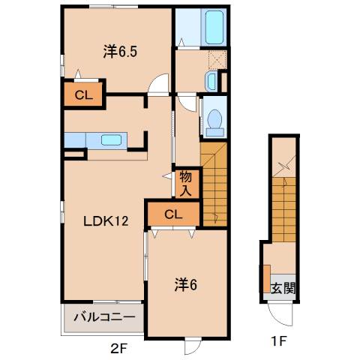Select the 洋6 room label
click(x=186, y=284)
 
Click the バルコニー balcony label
click(x=104, y=317)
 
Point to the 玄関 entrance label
click(x=280, y=287)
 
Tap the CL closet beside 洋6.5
click(x=82, y=95)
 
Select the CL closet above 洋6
click(x=172, y=214)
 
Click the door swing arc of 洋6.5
click(x=156, y=85)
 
